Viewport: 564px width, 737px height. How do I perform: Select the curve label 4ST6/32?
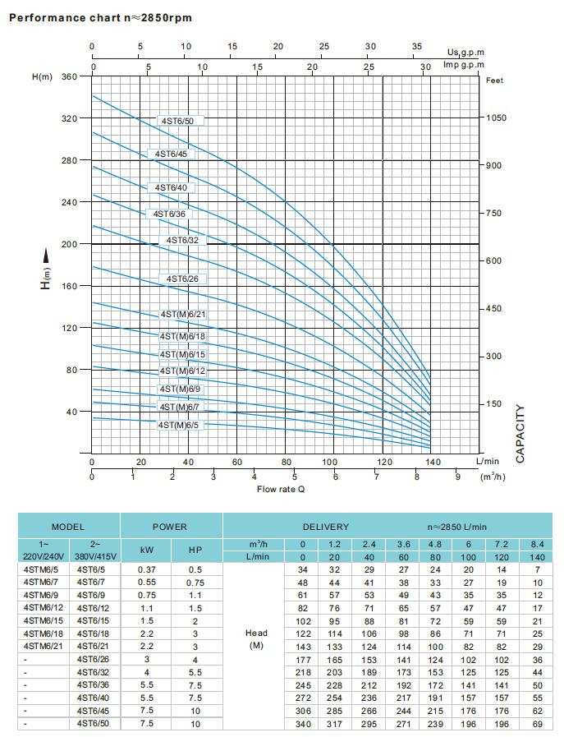182,240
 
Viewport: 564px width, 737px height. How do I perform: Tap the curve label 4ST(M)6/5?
180,425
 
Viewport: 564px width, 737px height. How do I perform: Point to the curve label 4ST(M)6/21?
183,315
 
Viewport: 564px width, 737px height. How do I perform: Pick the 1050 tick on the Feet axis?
496,118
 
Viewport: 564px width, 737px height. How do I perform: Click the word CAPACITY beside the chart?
520,433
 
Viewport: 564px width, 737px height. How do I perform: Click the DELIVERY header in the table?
325,527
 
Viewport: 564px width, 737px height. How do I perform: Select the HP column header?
195,550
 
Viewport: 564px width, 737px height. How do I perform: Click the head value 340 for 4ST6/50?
303,724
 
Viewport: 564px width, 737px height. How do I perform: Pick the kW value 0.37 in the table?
147,569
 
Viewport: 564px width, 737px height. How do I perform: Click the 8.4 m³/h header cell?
538,544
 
